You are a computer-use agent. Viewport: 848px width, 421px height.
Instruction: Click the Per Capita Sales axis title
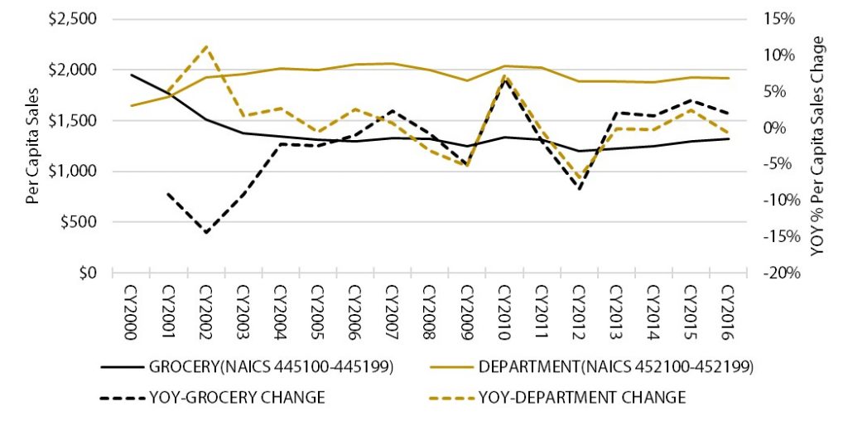(x=32, y=146)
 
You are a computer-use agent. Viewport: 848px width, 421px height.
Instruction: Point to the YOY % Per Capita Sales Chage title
(x=819, y=145)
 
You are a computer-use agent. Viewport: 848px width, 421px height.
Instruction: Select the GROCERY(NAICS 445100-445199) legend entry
(x=249, y=365)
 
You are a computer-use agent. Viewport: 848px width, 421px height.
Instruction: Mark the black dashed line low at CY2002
(x=205, y=233)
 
